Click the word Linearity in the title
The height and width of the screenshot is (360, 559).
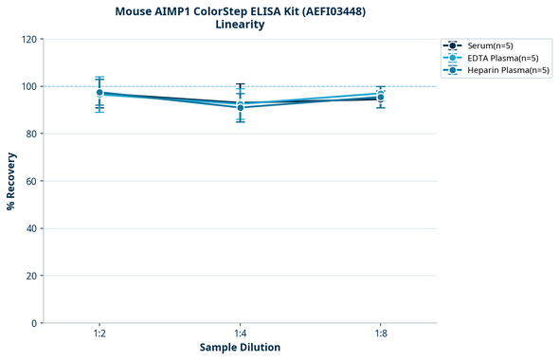pos(240,25)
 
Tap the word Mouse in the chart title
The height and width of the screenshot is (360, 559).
pos(135,11)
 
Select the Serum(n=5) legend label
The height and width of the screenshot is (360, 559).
pos(490,45)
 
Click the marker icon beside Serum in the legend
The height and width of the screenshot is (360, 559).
pos(454,45)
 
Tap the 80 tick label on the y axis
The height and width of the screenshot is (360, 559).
pos(32,134)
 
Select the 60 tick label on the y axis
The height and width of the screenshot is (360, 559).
pos(32,181)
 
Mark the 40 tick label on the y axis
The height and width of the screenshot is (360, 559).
pos(32,228)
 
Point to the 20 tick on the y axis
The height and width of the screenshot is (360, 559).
pos(32,276)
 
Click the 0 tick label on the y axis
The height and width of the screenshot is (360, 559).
pos(35,323)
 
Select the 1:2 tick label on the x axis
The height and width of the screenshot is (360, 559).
pos(99,334)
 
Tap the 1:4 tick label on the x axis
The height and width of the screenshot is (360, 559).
pos(240,334)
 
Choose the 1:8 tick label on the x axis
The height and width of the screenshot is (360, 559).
pos(380,334)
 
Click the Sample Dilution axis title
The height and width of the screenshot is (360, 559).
pos(240,348)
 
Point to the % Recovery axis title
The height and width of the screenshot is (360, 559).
pos(11,181)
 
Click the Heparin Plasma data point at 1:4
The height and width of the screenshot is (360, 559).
pos(240,107)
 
